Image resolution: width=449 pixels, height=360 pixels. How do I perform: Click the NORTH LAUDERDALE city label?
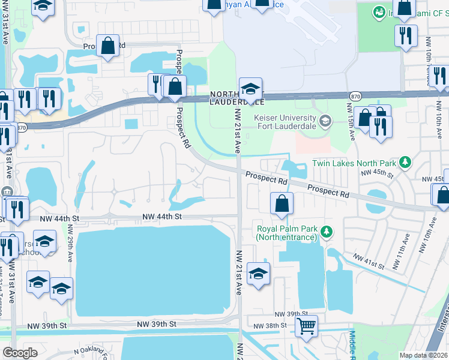point(237,98)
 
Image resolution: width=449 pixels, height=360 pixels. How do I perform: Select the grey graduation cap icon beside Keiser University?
point(325,121)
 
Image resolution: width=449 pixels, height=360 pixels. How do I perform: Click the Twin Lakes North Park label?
point(355,163)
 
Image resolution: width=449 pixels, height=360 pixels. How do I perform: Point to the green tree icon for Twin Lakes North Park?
point(406,162)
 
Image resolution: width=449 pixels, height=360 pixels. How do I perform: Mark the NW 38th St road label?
point(273,326)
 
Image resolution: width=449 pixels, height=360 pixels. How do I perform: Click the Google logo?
point(20,353)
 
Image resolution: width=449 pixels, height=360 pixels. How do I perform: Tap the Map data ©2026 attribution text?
point(423,355)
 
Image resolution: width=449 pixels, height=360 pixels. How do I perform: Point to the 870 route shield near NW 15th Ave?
point(355,95)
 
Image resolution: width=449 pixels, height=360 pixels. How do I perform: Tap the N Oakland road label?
point(93,351)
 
